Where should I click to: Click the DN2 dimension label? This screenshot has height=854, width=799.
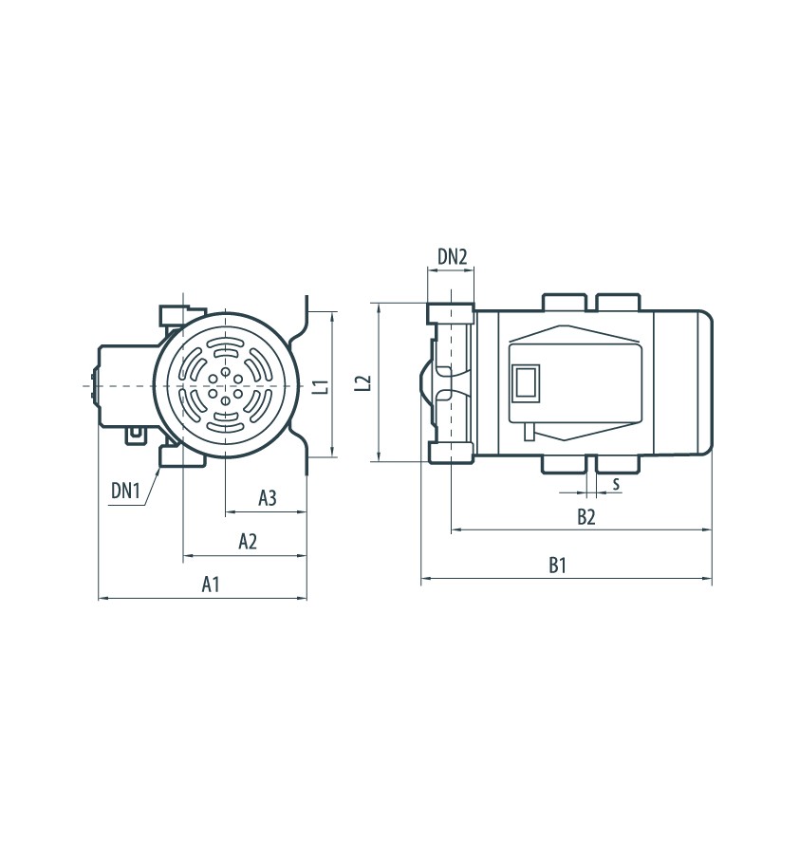coord(453,256)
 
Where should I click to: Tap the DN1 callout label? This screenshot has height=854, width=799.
coord(125,491)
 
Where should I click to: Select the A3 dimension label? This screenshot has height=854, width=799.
coord(268,498)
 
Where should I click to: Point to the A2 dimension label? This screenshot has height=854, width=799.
coord(248,542)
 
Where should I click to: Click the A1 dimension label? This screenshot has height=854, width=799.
coord(211,585)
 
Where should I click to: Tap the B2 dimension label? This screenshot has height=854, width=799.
coord(586,516)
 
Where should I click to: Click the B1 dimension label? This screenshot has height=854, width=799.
coord(557,566)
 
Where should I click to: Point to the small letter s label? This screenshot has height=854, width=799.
coord(616,483)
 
